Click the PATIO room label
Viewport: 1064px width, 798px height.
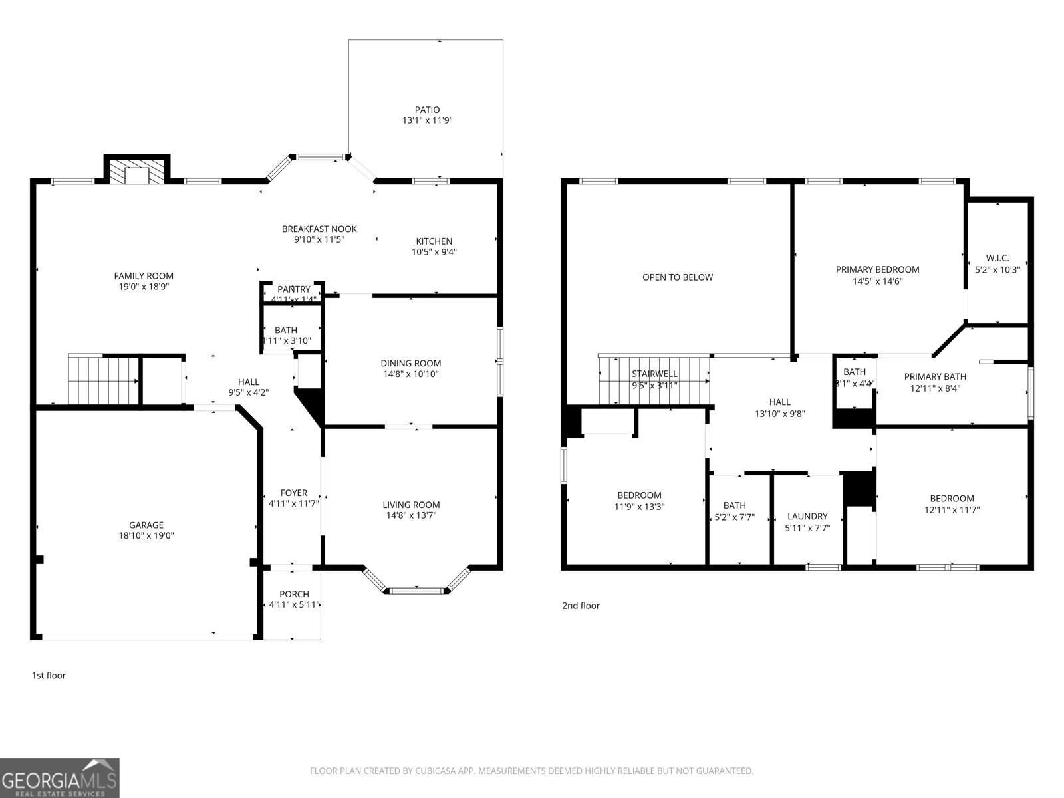tap(427, 110)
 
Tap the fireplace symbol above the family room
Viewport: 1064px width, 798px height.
tap(137, 174)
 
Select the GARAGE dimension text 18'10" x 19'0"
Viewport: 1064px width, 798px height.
tap(146, 535)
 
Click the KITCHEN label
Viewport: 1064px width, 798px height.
tap(434, 241)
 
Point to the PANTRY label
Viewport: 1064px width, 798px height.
tap(293, 289)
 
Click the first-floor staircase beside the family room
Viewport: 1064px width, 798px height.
tap(102, 381)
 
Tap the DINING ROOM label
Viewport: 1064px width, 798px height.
tap(410, 363)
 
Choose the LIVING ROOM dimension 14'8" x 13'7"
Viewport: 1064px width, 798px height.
tap(411, 515)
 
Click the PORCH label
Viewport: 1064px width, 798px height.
tap(293, 594)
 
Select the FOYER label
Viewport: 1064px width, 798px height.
tap(293, 493)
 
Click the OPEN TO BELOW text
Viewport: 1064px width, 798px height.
tap(677, 277)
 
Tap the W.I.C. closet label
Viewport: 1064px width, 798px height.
tap(997, 258)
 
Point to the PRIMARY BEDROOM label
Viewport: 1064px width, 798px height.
tap(877, 269)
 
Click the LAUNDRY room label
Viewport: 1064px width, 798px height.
tap(807, 516)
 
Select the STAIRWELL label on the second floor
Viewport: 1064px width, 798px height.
tap(654, 374)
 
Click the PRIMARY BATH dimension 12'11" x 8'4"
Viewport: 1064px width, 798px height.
tap(934, 388)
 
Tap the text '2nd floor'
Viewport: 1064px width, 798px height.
tap(581, 606)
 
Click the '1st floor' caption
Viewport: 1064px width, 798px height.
tap(49, 676)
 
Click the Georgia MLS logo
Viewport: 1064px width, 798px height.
tap(59, 777)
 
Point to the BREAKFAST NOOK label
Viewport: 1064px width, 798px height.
tap(319, 229)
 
